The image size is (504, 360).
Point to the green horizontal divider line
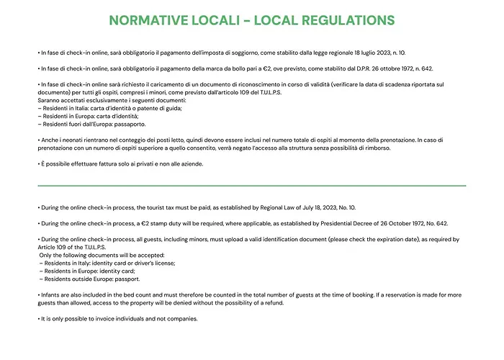251,185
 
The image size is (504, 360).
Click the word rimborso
377,148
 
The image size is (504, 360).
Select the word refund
269,304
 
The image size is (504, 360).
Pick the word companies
171,319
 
